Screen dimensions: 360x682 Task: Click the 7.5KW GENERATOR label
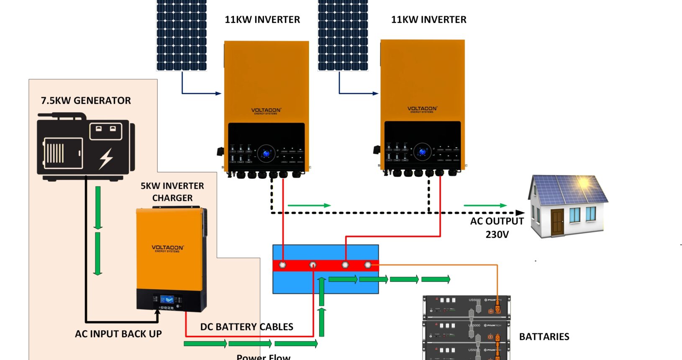86,100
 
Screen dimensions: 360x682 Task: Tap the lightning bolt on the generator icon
106,158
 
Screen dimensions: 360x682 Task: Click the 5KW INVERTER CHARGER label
172,192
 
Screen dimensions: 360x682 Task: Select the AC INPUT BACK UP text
118,334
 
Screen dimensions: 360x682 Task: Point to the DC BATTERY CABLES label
246,327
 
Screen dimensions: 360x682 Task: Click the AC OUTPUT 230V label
497,227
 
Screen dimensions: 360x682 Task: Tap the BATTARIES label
544,337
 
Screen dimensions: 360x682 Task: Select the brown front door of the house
557,222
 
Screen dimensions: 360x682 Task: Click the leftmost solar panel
182,36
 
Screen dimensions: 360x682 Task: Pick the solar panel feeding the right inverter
343,36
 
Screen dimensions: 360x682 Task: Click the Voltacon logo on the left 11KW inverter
266,111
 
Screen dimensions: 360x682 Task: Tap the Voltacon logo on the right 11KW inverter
422,109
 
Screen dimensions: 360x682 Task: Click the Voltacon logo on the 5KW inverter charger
167,248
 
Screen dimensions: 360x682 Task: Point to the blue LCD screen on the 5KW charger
167,299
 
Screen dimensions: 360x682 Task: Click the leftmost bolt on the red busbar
282,265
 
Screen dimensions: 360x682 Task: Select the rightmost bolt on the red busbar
368,265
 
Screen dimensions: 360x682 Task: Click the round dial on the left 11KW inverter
266,154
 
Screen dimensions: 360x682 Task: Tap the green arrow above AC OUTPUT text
485,205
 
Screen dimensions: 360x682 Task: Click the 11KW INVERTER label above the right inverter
428,20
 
